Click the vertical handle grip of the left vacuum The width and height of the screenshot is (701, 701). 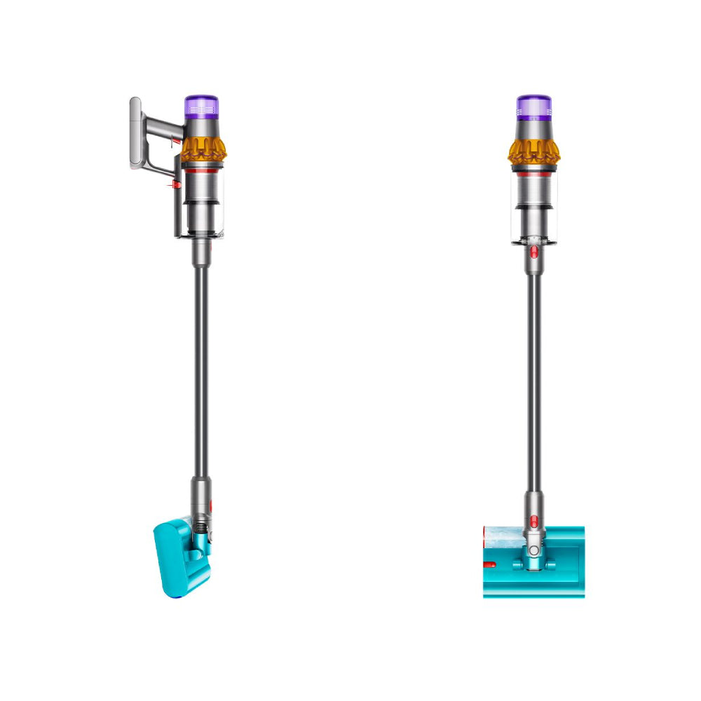click(136, 133)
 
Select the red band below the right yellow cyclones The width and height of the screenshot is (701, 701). click(533, 170)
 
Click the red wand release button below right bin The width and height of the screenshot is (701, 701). click(534, 252)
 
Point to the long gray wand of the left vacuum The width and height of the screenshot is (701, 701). click(201, 365)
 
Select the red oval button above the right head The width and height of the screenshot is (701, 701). click(535, 519)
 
